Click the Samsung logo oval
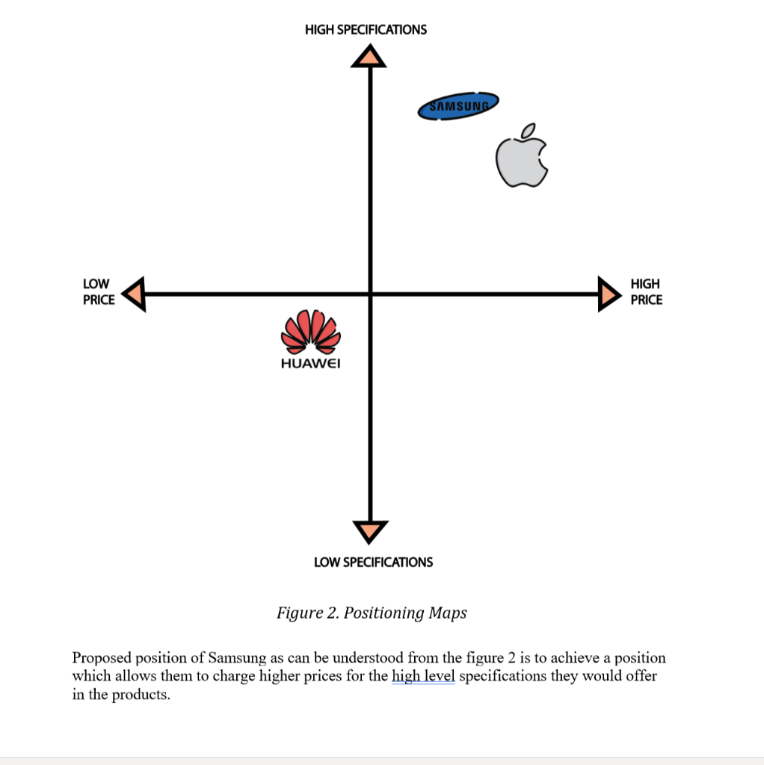(x=458, y=106)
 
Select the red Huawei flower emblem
(x=311, y=332)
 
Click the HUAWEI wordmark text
(x=310, y=364)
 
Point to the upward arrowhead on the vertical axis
(x=369, y=56)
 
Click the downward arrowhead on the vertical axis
(x=370, y=531)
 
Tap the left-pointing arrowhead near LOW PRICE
(x=134, y=294)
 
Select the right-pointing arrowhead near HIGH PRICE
(x=609, y=294)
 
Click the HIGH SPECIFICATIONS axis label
(x=366, y=30)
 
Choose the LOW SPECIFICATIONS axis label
(x=374, y=562)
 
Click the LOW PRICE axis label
(x=99, y=292)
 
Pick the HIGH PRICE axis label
(x=647, y=292)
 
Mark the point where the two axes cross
(x=371, y=294)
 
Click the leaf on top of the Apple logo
(x=529, y=131)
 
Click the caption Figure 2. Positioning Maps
(x=372, y=613)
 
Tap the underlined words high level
(x=423, y=675)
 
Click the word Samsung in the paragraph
(x=237, y=657)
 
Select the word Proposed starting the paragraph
(x=102, y=658)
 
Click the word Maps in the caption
(x=448, y=613)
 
